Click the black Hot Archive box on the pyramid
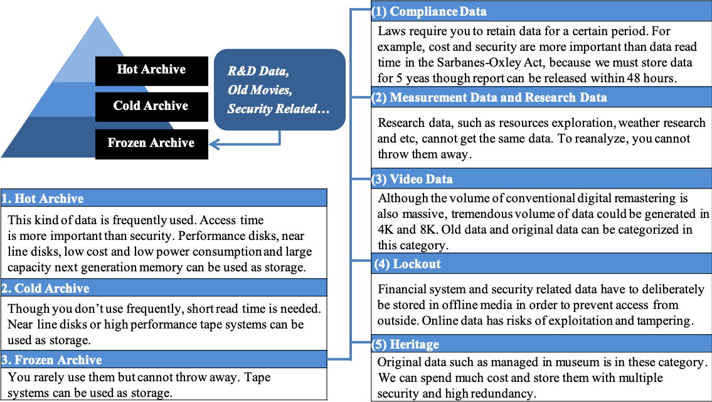(x=152, y=71)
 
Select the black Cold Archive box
(x=152, y=107)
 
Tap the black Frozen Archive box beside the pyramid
(x=152, y=144)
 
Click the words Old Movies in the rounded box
(x=260, y=90)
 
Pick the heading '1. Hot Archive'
(x=42, y=198)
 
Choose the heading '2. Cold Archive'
(x=45, y=288)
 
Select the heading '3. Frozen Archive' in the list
(x=51, y=360)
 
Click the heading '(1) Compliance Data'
(x=429, y=11)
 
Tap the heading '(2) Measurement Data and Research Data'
(x=489, y=97)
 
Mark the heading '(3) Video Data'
(x=412, y=179)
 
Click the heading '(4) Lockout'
(x=407, y=264)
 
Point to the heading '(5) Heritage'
(x=405, y=344)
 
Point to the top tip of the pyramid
(x=97, y=16)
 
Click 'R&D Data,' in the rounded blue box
(x=258, y=71)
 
